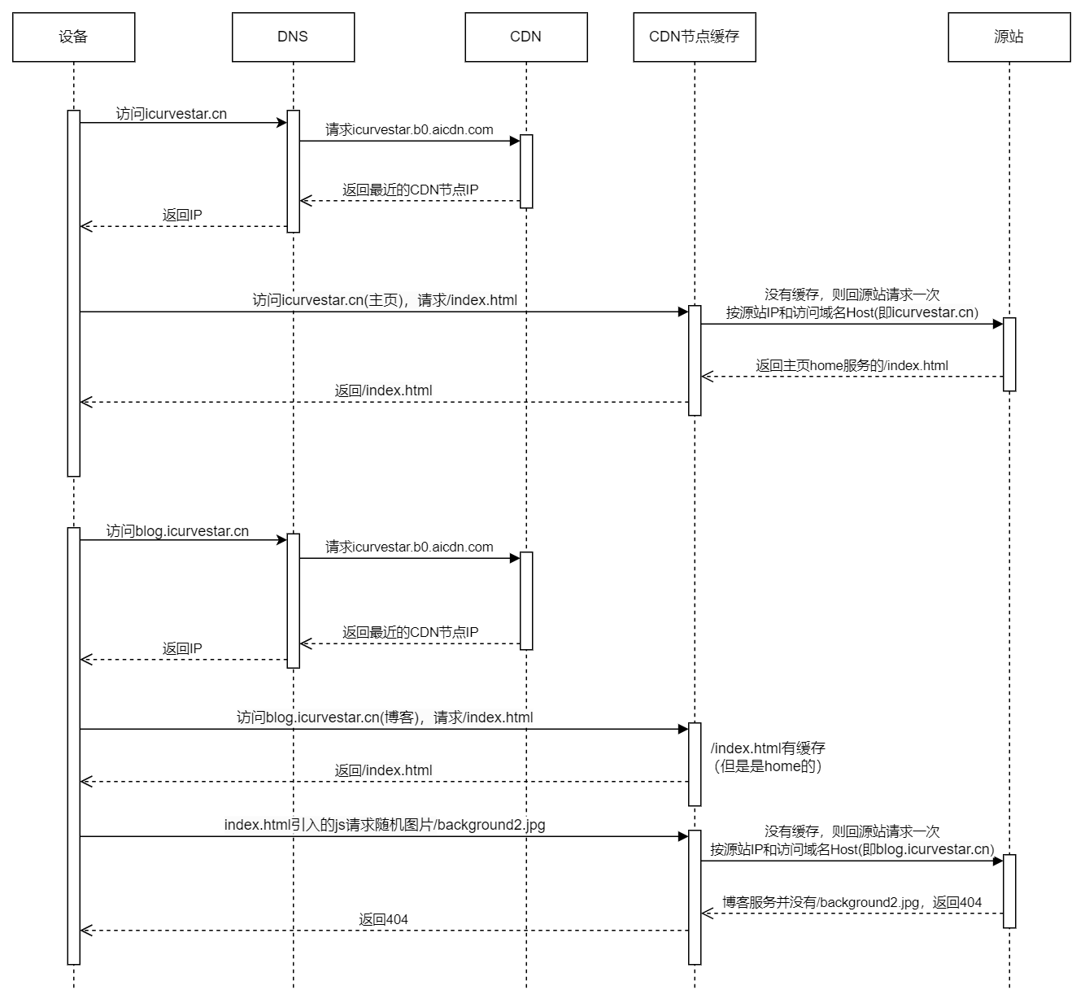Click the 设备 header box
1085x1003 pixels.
pyautogui.click(x=73, y=37)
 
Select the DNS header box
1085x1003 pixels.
pyautogui.click(x=293, y=37)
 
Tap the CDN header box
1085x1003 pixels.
pyautogui.click(x=525, y=37)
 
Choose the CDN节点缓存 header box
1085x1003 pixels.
pyautogui.click(x=694, y=37)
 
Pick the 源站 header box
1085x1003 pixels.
pyautogui.click(x=1009, y=37)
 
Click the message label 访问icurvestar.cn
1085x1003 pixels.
pyautogui.click(x=172, y=114)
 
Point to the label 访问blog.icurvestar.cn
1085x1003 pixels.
pyautogui.click(x=177, y=531)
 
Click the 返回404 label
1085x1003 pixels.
pyautogui.click(x=383, y=919)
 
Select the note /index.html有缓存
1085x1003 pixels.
pyautogui.click(x=768, y=748)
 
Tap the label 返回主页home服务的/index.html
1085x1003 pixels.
pyautogui.click(x=852, y=365)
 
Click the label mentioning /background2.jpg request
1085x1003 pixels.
pyautogui.click(x=385, y=825)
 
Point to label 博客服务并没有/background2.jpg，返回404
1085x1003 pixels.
pyautogui.click(x=852, y=902)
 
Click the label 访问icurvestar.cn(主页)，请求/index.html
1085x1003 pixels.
pyautogui.click(x=385, y=300)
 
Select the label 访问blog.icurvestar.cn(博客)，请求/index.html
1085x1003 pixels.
pyautogui.click(x=385, y=717)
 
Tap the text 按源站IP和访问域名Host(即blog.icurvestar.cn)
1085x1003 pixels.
pyautogui.click(x=852, y=849)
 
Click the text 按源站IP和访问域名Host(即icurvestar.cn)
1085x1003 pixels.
pyautogui.click(x=852, y=312)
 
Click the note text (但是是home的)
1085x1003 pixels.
pyautogui.click(x=768, y=766)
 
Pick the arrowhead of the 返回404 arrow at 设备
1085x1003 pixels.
pyautogui.click(x=85, y=931)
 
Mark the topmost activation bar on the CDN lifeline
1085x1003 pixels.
pyautogui.click(x=526, y=171)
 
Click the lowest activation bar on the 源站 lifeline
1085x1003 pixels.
pyautogui.click(x=1009, y=891)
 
